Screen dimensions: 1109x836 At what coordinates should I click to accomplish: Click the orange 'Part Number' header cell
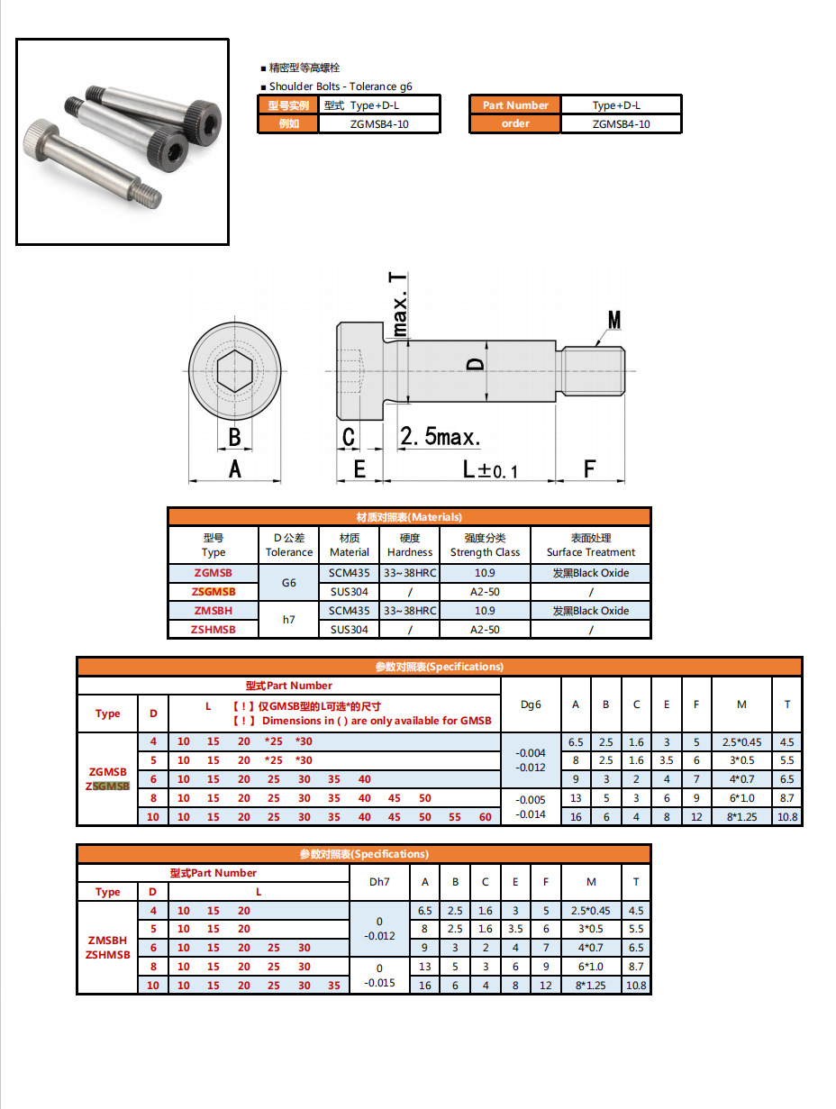514,105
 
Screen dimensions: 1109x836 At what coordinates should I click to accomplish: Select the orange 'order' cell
514,123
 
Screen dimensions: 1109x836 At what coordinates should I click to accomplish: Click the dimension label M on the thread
614,321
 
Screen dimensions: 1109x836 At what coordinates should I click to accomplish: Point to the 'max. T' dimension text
398,305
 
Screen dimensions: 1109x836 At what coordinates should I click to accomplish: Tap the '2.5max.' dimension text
440,438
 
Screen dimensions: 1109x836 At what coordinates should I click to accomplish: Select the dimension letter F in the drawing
590,468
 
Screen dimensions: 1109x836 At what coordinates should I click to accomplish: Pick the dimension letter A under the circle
234,468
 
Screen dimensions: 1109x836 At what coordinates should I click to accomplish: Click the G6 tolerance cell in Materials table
288,583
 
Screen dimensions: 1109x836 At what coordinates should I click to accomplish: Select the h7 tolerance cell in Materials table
288,620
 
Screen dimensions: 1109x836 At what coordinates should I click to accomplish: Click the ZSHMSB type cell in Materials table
214,630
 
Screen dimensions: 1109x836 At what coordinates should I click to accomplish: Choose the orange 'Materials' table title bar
409,517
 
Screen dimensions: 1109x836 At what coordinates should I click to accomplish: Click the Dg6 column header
532,704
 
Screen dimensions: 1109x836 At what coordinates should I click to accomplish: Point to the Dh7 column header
379,882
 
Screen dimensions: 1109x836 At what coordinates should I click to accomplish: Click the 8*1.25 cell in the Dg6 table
741,817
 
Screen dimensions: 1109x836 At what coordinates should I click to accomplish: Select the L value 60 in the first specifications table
486,817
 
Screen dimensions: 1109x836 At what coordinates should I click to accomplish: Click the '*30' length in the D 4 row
303,741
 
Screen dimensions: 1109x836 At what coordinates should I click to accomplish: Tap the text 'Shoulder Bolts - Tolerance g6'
341,86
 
